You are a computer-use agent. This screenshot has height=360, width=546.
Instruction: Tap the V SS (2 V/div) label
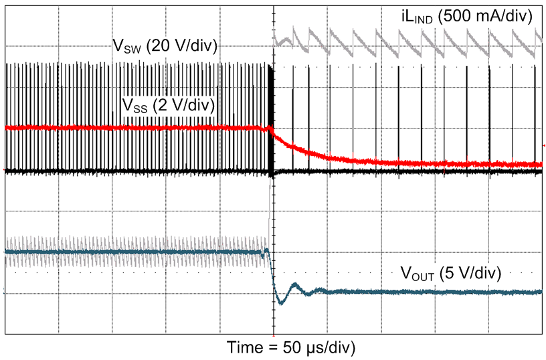[x=167, y=105]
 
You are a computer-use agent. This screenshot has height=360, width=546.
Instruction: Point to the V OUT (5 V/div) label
[x=451, y=272]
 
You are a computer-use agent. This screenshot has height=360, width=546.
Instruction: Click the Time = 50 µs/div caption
[x=291, y=347]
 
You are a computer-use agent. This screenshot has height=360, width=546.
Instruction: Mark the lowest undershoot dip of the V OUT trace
[x=280, y=303]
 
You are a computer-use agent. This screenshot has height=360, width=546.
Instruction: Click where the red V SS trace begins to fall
[x=270, y=128]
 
